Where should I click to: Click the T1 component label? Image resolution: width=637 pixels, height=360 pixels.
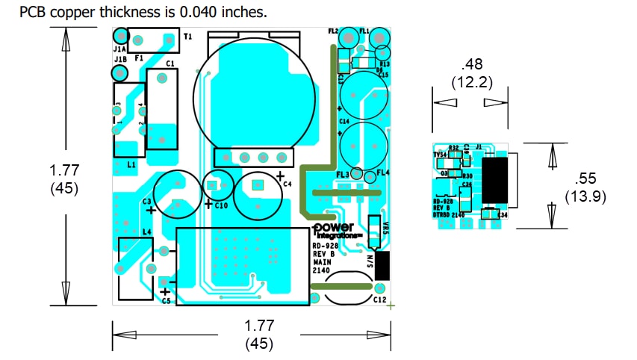click(x=187, y=36)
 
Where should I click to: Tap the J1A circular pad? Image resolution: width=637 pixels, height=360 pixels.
click(x=119, y=35)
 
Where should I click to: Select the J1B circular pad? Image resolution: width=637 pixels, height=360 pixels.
click(x=119, y=72)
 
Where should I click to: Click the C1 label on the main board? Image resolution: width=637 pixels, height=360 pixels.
click(x=170, y=64)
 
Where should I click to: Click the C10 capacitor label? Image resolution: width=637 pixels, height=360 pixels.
click(x=221, y=205)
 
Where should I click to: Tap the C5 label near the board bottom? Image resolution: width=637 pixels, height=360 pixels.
click(x=165, y=301)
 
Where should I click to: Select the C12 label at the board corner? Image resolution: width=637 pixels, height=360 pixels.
click(x=379, y=300)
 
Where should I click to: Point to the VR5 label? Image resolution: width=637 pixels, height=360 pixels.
click(x=385, y=227)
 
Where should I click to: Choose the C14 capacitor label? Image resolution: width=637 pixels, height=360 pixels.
click(x=344, y=120)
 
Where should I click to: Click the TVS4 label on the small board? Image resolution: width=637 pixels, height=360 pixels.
click(x=441, y=155)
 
